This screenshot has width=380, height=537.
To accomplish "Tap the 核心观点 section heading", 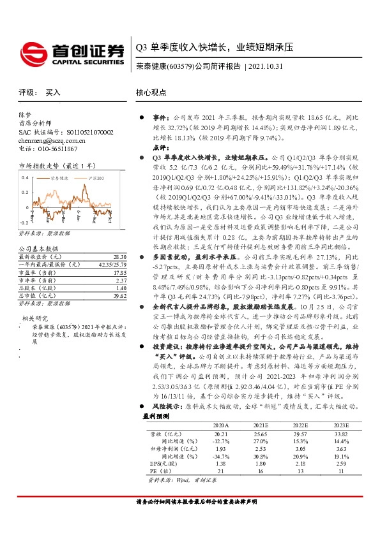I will [151, 92].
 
